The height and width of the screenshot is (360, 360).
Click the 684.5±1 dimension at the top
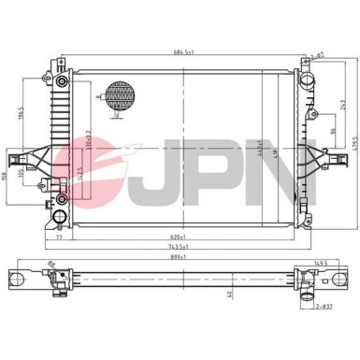coord(180,52)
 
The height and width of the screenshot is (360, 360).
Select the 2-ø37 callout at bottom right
coord(324,306)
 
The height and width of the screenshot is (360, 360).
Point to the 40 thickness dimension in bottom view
coord(230,293)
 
